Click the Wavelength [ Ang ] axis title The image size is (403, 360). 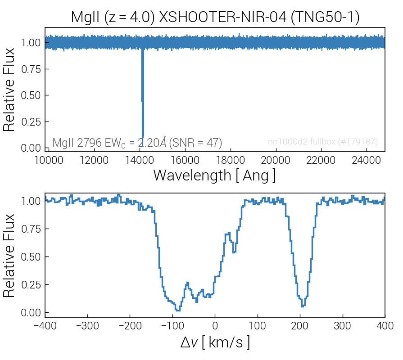tap(214, 175)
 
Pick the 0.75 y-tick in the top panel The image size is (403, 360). tap(31, 69)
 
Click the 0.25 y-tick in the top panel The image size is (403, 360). tap(31, 122)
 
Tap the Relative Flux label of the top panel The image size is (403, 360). tap(10, 90)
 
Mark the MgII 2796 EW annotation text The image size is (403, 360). tap(137, 143)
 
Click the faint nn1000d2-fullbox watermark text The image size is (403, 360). tap(322, 142)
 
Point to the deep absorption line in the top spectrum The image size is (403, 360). tap(142, 99)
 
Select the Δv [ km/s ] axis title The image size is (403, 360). tap(214, 342)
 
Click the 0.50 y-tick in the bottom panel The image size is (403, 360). tap(31, 257)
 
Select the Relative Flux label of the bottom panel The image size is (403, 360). tap(10, 255)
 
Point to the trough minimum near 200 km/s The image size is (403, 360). tap(303, 306)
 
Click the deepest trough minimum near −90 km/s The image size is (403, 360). tap(178, 310)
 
